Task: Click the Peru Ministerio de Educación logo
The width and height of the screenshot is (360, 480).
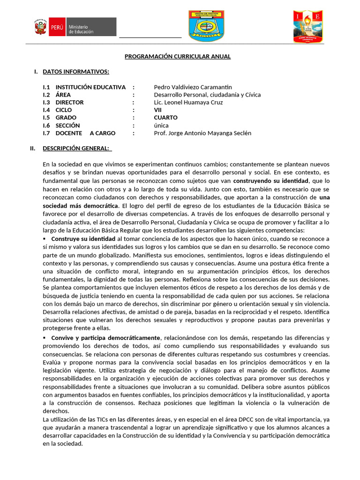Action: pos(75,27)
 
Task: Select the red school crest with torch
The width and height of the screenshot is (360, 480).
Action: pos(308,27)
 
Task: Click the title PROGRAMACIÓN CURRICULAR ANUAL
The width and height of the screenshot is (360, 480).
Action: pos(178,57)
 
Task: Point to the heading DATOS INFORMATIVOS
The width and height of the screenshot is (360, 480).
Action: pos(76,72)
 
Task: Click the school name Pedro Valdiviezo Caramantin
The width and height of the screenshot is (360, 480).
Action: pos(193,87)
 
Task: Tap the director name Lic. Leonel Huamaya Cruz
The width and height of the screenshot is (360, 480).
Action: pos(188,102)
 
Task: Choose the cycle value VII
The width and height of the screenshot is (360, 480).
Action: pos(158,110)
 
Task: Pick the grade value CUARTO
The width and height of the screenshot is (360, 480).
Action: pos(165,118)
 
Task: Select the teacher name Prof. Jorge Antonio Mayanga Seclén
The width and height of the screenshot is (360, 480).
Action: pos(202,133)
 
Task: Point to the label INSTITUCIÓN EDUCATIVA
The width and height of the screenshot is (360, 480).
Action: pos(90,87)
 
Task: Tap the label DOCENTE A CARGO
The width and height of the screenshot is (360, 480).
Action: pos(85,133)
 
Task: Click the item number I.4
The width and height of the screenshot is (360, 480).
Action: pos(46,110)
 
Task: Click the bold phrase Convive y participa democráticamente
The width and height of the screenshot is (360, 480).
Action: pos(105,338)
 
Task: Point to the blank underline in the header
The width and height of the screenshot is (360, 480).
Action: pos(150,36)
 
